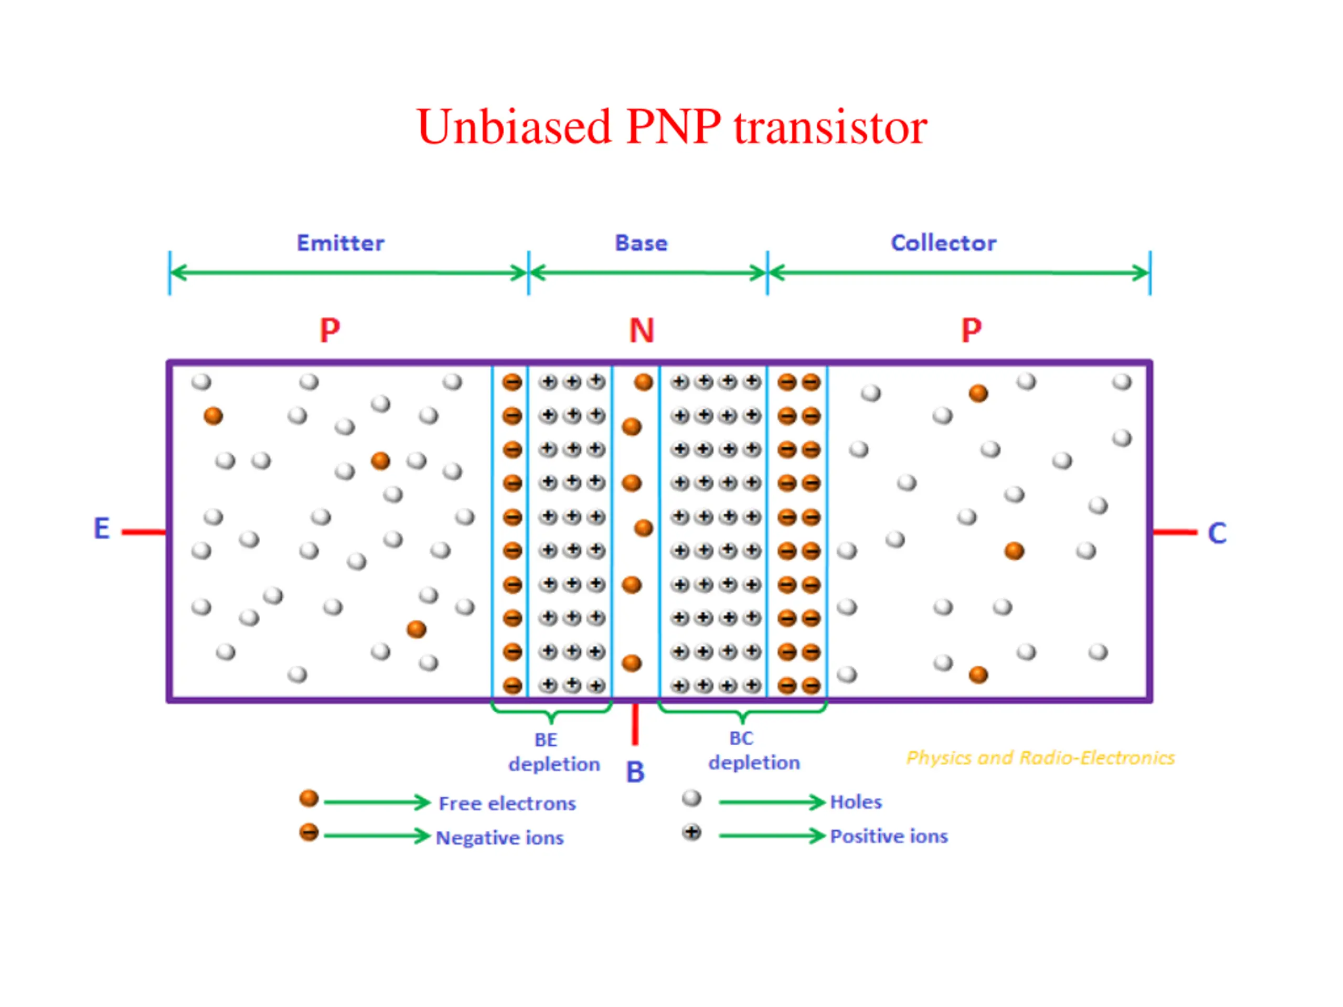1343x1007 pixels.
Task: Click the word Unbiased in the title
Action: pos(514,127)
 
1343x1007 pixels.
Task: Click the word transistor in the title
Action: pos(830,127)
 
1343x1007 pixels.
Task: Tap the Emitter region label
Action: pos(340,243)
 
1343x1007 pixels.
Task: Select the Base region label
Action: pos(641,243)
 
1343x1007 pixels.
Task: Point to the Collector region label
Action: pos(943,243)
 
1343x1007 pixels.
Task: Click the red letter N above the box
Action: pos(642,331)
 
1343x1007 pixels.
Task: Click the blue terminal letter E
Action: pos(101,528)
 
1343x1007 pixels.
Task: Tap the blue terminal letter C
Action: pos(1217,533)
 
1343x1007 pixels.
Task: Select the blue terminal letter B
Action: pos(635,772)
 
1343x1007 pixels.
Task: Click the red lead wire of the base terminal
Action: pos(635,724)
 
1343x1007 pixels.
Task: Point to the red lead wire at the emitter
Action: pos(144,532)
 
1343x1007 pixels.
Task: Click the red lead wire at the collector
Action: pos(1175,532)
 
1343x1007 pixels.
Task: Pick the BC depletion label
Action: pos(754,751)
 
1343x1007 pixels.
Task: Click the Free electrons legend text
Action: pos(507,803)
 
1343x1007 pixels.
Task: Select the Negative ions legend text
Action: pos(499,838)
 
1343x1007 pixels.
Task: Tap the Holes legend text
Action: pos(856,802)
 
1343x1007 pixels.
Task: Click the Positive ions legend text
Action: pos(889,836)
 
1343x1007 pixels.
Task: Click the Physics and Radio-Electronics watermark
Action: pos(1041,758)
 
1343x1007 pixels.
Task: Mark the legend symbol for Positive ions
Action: pos(691,832)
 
